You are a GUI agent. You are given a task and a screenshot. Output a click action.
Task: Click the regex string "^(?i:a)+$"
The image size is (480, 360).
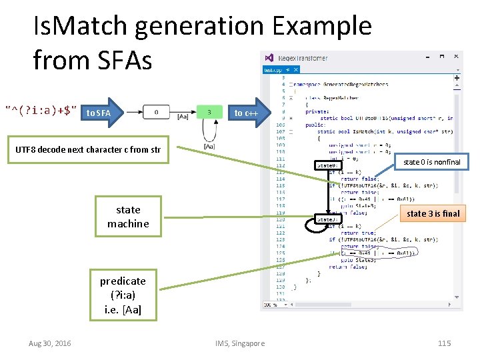point(41,109)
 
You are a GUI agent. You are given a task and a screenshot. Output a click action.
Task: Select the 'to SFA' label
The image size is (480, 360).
point(99,113)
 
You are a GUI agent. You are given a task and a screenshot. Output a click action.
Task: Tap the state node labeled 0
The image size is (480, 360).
point(156,112)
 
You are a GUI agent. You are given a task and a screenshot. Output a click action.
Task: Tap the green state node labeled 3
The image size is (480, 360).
point(209,112)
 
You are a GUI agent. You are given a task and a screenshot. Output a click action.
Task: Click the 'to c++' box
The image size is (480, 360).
point(246,113)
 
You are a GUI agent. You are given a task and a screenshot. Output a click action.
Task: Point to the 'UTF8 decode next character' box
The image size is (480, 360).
point(87,149)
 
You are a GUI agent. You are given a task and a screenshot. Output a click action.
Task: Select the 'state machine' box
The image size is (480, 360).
point(127,217)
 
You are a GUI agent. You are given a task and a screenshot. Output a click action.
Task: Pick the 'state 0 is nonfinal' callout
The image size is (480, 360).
point(431,162)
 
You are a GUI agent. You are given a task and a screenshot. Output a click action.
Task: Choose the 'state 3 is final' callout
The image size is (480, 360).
point(433,213)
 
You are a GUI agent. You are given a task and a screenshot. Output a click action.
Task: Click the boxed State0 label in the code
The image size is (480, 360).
point(327,165)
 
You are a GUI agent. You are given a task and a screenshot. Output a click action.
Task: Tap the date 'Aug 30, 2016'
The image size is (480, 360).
point(50,343)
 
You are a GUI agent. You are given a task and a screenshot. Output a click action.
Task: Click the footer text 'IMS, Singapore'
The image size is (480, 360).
point(240,343)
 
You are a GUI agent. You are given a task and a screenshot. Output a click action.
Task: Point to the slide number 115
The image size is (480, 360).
point(444,343)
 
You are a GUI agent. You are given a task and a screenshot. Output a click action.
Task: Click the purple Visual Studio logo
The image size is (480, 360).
point(269,58)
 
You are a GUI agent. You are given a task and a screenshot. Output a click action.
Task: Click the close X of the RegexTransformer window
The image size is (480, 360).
point(456,58)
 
